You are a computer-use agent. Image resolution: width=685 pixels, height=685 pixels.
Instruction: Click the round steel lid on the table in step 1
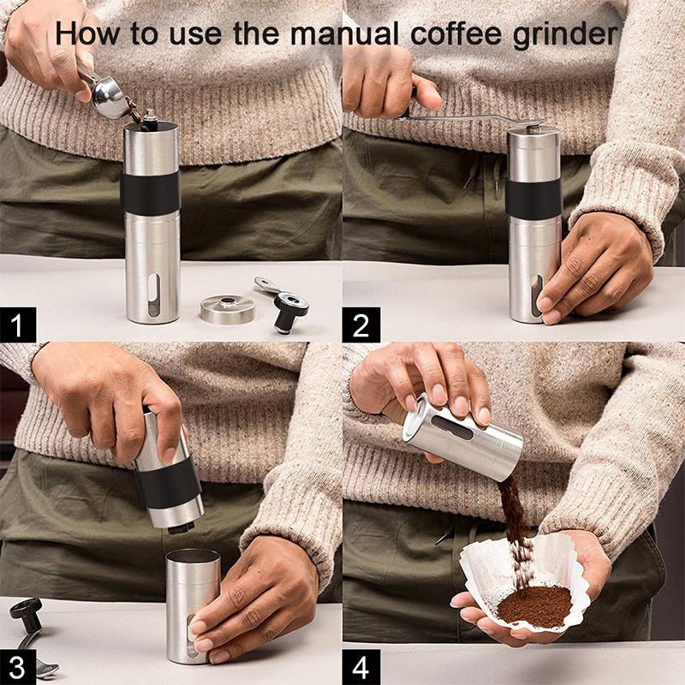tap(227, 308)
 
